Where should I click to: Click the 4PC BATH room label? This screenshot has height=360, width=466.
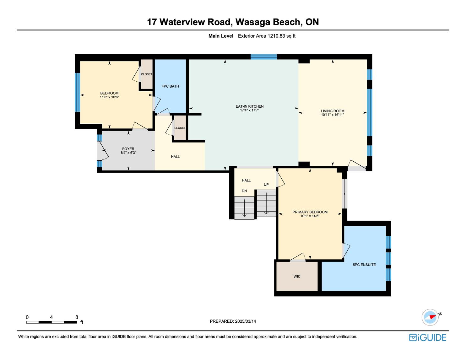pyautogui.click(x=170, y=86)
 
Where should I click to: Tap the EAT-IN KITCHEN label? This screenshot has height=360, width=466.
pyautogui.click(x=250, y=106)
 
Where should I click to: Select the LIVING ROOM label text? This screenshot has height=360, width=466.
pyautogui.click(x=333, y=111)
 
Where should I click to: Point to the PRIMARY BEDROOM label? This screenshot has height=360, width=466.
pyautogui.click(x=310, y=212)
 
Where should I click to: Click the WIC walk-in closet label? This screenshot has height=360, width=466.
pyautogui.click(x=297, y=277)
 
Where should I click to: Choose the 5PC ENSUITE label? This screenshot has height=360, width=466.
pyautogui.click(x=364, y=265)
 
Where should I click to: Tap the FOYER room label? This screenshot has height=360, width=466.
pyautogui.click(x=128, y=149)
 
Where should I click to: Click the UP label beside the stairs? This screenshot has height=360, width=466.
pyautogui.click(x=266, y=185)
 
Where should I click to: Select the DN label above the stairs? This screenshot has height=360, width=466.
pyautogui.click(x=244, y=191)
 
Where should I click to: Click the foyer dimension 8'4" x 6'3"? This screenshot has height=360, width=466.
pyautogui.click(x=128, y=153)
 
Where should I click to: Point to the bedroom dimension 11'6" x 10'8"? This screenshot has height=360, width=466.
pyautogui.click(x=109, y=97)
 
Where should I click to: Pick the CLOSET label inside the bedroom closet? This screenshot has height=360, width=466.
pyautogui.click(x=147, y=74)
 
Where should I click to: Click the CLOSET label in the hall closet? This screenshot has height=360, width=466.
pyautogui.click(x=180, y=128)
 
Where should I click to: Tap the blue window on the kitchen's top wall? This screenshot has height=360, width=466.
pyautogui.click(x=264, y=57)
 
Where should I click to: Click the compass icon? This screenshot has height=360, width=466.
pyautogui.click(x=430, y=317)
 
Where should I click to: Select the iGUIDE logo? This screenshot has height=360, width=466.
pyautogui.click(x=428, y=337)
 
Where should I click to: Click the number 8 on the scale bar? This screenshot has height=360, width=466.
pyautogui.click(x=77, y=317)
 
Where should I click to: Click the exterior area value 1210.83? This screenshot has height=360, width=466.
pyautogui.click(x=276, y=36)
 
